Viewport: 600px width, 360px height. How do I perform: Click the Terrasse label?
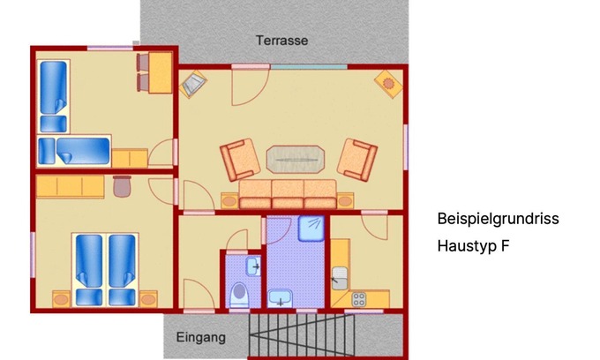click(x=282, y=41)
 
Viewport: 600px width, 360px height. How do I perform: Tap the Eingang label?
click(x=200, y=338)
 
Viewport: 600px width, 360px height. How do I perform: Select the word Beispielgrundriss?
click(x=498, y=219)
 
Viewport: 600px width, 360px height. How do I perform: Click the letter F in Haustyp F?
click(x=505, y=245)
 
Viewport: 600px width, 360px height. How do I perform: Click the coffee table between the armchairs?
click(x=296, y=160)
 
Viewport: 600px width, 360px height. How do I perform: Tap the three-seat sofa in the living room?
click(x=288, y=194)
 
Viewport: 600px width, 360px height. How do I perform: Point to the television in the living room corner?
click(x=193, y=84)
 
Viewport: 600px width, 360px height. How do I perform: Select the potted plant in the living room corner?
click(x=388, y=84)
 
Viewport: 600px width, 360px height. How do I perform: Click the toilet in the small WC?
click(x=240, y=295)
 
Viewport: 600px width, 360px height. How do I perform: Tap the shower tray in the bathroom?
click(x=311, y=229)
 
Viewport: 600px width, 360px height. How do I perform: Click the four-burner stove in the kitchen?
click(x=359, y=299)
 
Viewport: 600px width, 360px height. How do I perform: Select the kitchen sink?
click(x=340, y=278)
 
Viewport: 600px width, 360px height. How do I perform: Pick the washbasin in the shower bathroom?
click(x=280, y=298)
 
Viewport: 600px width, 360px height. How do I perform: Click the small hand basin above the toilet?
click(x=253, y=266)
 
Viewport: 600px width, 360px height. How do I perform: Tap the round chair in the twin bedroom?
click(x=122, y=186)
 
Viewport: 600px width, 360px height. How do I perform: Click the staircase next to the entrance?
click(x=302, y=335)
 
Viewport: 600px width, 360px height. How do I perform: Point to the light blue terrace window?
click(x=309, y=67)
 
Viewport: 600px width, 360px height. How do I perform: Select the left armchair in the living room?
click(x=240, y=160)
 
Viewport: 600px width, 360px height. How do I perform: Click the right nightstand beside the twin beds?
click(x=148, y=299)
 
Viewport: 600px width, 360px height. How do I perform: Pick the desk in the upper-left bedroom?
click(x=161, y=72)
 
